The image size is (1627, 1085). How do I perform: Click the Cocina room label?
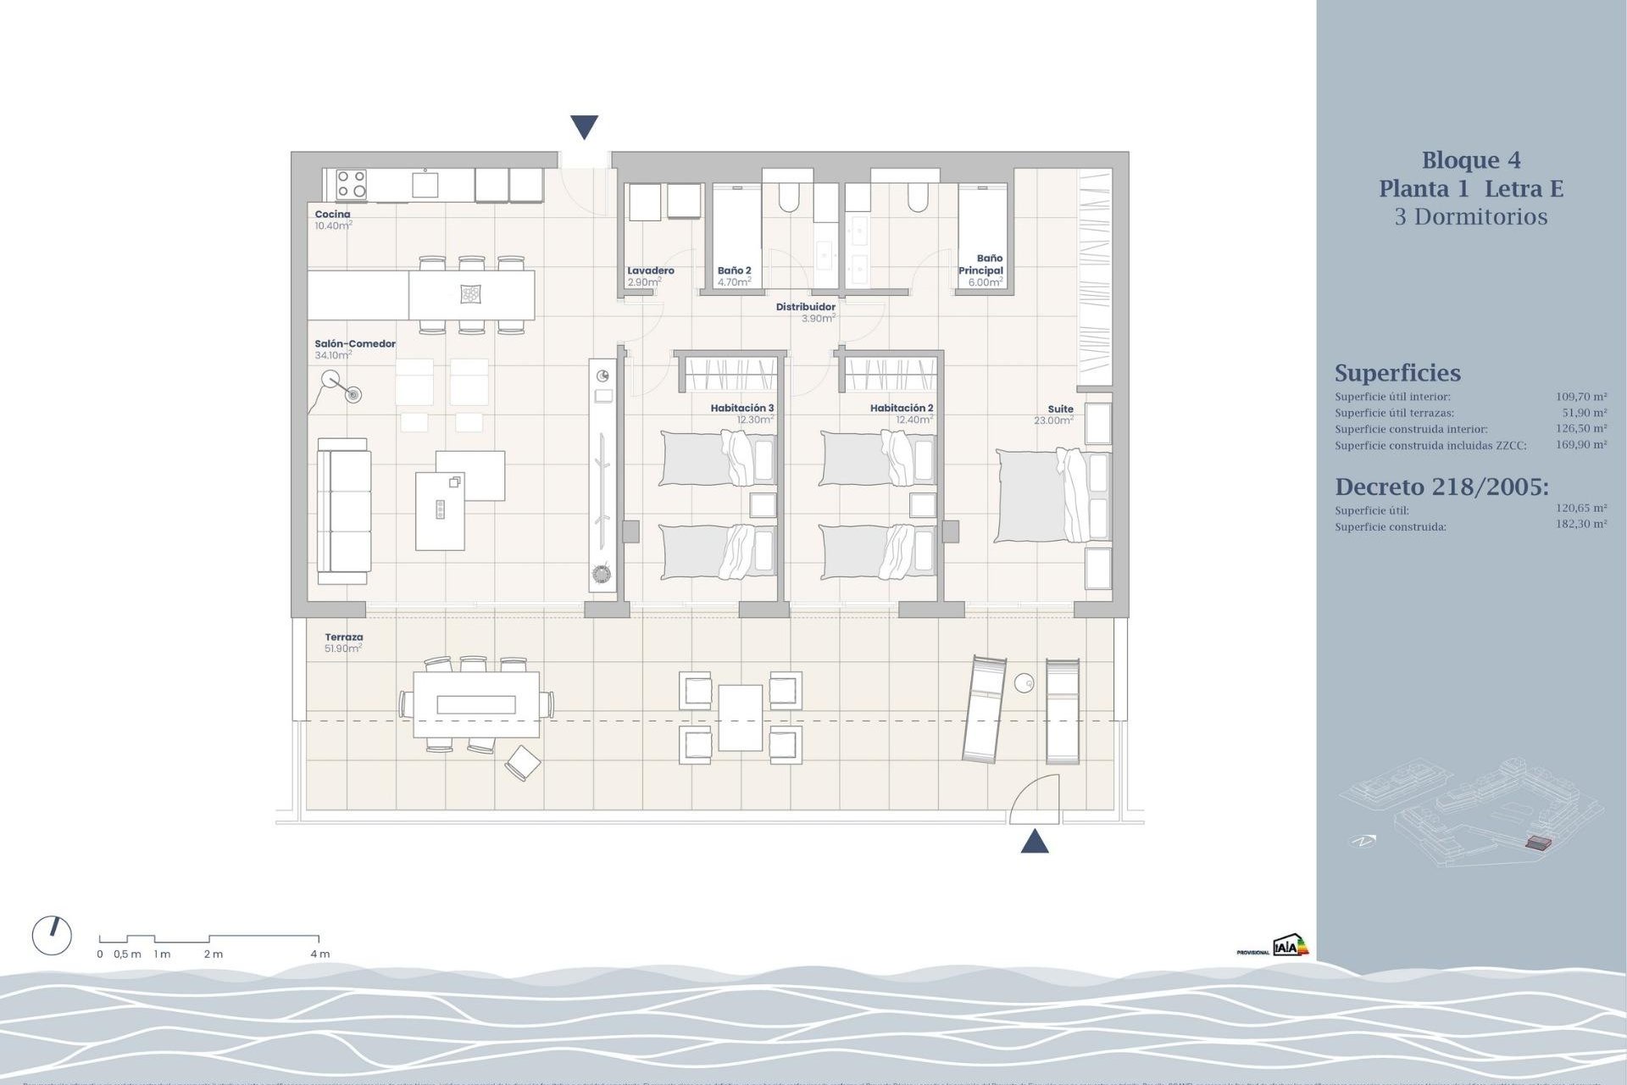[332, 214]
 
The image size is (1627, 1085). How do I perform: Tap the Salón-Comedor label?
[355, 344]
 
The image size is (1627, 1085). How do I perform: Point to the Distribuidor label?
[805, 307]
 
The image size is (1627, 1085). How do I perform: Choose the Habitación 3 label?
[741, 408]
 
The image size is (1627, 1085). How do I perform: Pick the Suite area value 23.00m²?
[1053, 420]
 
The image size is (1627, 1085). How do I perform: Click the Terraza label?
[343, 637]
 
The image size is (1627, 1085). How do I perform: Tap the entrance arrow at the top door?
[584, 127]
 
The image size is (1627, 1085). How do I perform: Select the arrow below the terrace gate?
[1035, 842]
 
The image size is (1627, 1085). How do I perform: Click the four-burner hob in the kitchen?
[351, 184]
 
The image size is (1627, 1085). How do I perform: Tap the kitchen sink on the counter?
[425, 184]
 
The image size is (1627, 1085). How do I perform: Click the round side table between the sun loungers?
[1024, 682]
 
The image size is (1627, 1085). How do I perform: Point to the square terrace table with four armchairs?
[741, 718]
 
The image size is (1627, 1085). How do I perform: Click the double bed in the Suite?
[1051, 496]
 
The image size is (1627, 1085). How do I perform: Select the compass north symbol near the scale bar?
[52, 936]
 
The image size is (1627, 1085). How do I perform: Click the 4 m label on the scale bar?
[319, 954]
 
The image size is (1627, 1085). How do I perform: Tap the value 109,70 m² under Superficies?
[1580, 396]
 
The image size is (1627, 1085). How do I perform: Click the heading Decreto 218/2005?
[1441, 487]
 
